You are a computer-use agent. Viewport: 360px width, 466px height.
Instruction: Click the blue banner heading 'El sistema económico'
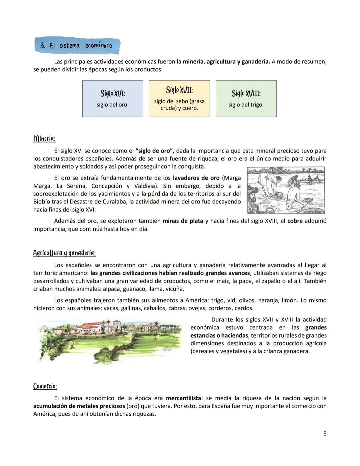coord(77,46)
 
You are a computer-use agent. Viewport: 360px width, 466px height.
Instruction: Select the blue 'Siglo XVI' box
coord(113,99)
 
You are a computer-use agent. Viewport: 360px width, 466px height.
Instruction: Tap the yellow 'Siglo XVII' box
coord(179,99)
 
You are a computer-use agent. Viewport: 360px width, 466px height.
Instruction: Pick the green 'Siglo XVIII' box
coord(246,99)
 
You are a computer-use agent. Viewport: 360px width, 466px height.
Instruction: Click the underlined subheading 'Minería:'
coord(44,138)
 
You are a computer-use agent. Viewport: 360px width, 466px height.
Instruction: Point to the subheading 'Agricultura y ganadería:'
coord(64,253)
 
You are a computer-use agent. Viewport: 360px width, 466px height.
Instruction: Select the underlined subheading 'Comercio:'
coord(45,386)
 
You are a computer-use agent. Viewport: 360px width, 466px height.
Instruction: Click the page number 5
coord(325,434)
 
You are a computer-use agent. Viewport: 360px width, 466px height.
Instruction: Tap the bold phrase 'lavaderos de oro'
coord(196,178)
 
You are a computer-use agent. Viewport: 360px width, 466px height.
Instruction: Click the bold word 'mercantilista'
coord(183,398)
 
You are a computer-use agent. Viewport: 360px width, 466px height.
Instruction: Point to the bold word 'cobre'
coord(295,221)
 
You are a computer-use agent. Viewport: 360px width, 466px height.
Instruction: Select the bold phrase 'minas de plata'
coord(183,221)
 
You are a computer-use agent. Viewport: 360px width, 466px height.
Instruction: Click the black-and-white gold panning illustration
coord(286,190)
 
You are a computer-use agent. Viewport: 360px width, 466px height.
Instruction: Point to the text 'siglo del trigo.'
coord(246,105)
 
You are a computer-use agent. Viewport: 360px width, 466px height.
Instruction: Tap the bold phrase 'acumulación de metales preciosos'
coord(79,406)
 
